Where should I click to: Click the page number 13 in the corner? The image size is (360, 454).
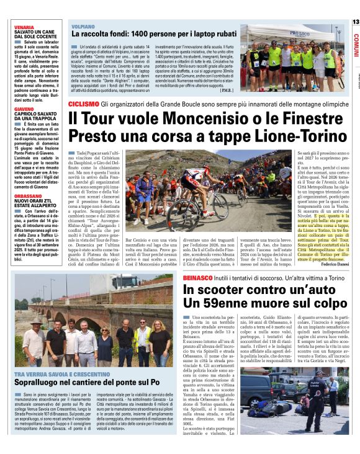(355, 22)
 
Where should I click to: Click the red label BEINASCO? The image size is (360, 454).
(200, 279)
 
